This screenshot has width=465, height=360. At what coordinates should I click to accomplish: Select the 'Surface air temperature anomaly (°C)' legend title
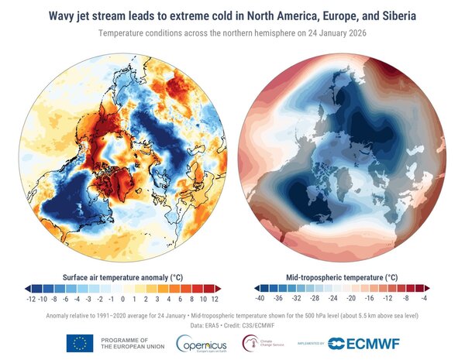pyautogui.click(x=122, y=276)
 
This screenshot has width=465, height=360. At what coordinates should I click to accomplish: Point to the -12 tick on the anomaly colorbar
pyautogui.click(x=31, y=298)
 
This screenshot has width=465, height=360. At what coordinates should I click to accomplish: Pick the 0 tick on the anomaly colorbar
pyautogui.click(x=122, y=298)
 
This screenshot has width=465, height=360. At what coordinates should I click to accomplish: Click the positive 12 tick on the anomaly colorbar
pyautogui.click(x=214, y=298)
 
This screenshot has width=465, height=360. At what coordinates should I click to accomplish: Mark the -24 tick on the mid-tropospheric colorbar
pyautogui.click(x=333, y=298)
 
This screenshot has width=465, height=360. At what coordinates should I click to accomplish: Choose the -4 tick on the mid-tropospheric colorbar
pyautogui.click(x=425, y=298)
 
